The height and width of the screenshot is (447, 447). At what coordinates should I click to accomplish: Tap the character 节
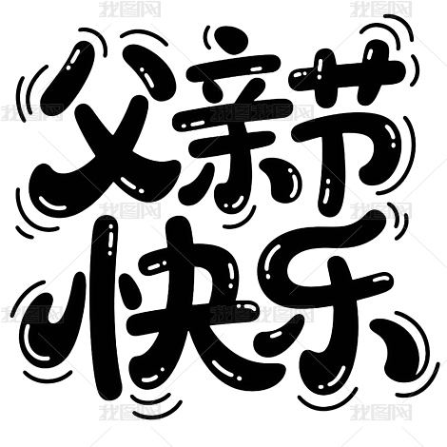coord(349,126)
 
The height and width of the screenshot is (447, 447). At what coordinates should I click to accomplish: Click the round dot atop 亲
coord(231,39)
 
